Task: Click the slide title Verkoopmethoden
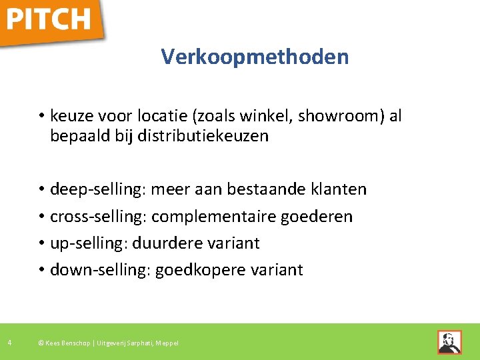tap(255, 57)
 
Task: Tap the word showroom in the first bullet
tap(331, 116)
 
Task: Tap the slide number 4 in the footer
tap(9, 343)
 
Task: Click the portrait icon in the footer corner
tap(449, 342)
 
